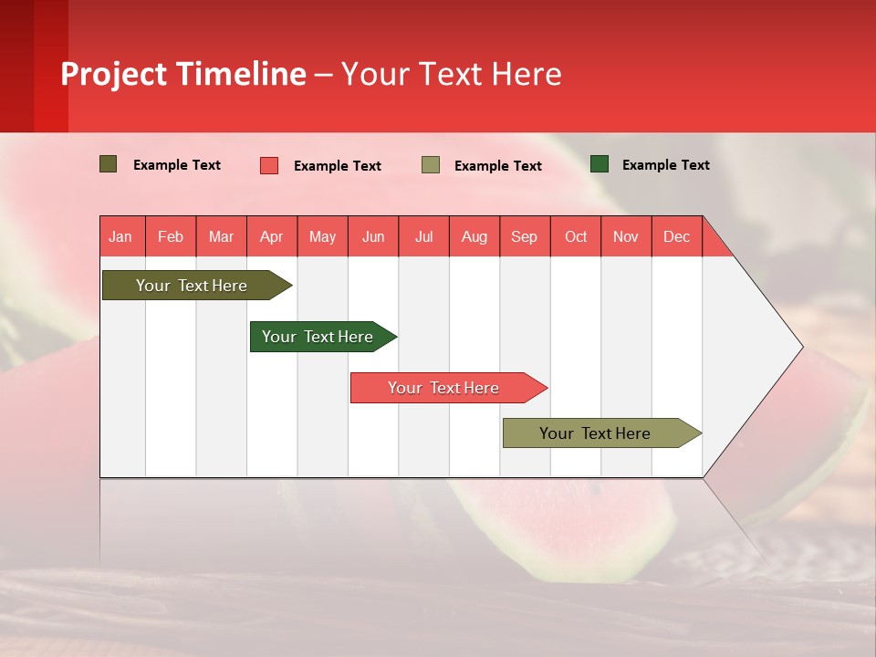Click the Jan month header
coord(121,236)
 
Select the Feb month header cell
coord(171,236)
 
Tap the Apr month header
coord(272,236)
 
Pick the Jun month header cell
coord(373,236)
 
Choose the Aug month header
coord(474,236)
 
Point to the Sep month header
coord(525,236)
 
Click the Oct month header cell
coord(576,236)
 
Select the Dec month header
coord(677,236)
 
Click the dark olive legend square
coord(109,164)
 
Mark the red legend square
coord(269,165)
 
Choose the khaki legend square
coord(431,165)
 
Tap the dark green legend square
coord(600,164)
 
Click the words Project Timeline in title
coord(183,74)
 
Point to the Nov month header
coord(626,236)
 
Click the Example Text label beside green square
coord(665,165)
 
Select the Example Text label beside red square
coord(337,166)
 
